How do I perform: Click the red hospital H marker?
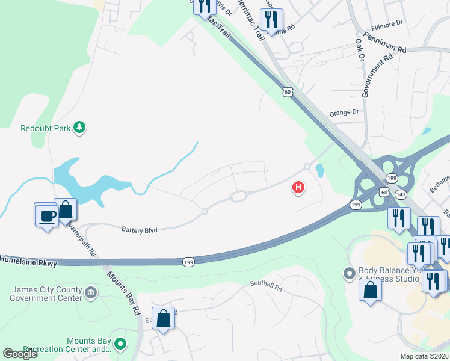coord(298,188)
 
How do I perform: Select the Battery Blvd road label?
coord(140,229)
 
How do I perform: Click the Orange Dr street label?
coord(344,112)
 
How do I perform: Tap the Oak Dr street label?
coord(360,50)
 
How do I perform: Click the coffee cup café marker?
coord(46,215)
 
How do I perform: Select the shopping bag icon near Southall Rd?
coord(164,318)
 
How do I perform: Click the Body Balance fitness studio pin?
coord(349,274)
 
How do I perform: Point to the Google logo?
coord(20,354)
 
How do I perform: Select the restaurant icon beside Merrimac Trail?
coord(272,20)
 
